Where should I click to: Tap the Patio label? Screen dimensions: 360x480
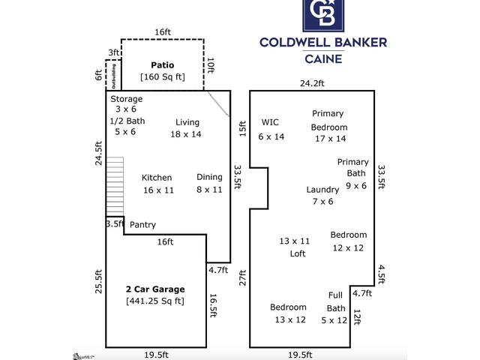click(x=163, y=65)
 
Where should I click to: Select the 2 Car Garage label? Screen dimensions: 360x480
click(x=155, y=289)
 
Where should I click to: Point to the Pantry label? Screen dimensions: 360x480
click(x=143, y=224)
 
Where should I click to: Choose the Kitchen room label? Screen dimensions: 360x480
click(x=157, y=178)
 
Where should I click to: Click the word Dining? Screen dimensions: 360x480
click(x=209, y=177)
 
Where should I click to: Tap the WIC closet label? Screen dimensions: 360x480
click(x=270, y=122)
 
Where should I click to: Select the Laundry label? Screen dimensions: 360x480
click(x=322, y=190)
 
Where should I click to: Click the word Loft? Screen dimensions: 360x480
click(x=298, y=253)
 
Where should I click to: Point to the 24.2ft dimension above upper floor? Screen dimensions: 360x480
click(x=313, y=83)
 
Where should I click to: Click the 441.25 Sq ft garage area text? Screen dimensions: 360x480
click(x=155, y=301)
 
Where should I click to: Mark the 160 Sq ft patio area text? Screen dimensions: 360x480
click(x=162, y=76)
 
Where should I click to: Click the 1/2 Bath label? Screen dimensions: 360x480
click(x=127, y=121)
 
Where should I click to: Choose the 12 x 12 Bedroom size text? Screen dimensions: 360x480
click(x=348, y=247)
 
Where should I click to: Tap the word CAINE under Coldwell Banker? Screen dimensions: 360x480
click(x=323, y=58)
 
